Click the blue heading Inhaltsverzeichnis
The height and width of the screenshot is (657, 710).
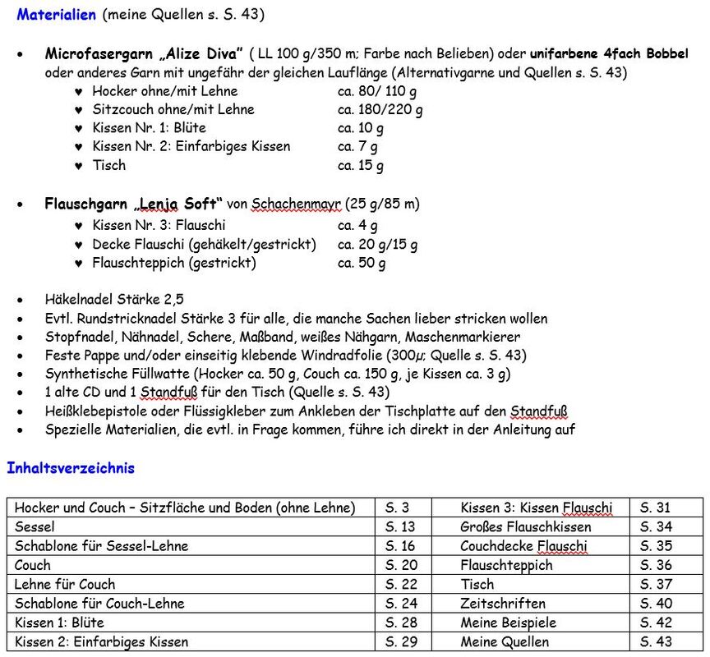click(x=71, y=468)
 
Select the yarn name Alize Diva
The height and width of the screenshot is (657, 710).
click(x=197, y=53)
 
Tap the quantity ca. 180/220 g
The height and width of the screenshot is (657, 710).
click(x=380, y=109)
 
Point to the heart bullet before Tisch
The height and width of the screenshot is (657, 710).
click(x=78, y=166)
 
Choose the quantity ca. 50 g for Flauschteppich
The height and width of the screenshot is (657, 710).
click(x=362, y=263)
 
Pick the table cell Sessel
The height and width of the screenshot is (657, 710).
click(x=35, y=526)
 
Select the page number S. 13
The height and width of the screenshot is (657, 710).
click(x=400, y=526)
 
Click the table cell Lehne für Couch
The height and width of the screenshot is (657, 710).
click(x=65, y=584)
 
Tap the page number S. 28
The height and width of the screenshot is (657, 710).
click(x=401, y=622)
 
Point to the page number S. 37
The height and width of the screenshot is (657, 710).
click(x=656, y=584)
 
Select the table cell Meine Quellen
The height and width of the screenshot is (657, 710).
click(x=505, y=641)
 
